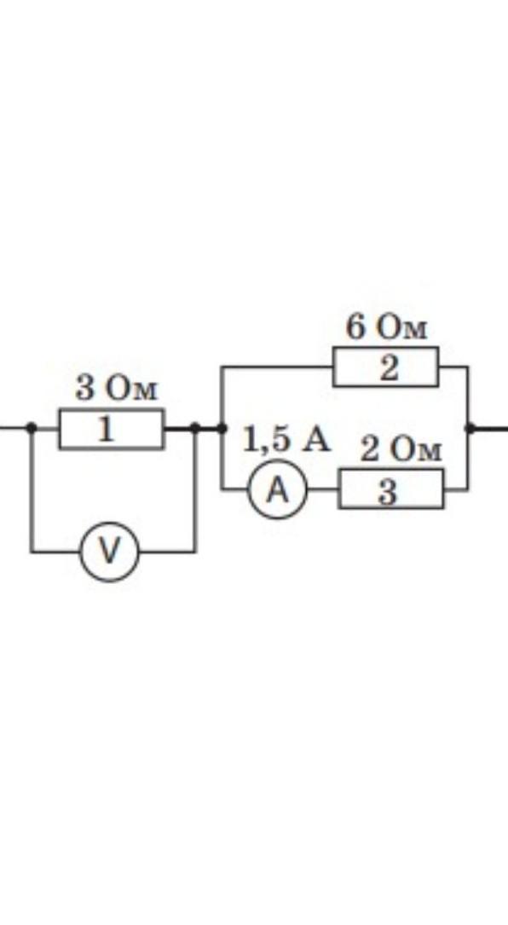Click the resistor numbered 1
click(x=111, y=429)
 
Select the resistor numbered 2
click(x=386, y=367)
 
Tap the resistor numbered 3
click(x=391, y=489)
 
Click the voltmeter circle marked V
click(x=110, y=552)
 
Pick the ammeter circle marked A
click(x=278, y=489)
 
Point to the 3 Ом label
click(x=118, y=389)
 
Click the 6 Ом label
click(x=387, y=327)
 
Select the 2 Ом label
click(x=401, y=451)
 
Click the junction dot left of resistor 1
click(x=32, y=428)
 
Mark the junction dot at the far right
click(x=470, y=428)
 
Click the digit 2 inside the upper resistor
click(x=388, y=368)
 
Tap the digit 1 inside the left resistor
click(x=106, y=430)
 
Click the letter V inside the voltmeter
click(x=110, y=552)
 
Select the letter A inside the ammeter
click(x=278, y=489)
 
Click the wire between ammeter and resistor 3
click(x=323, y=489)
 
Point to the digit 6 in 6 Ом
click(x=355, y=327)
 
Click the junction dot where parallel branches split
click(x=222, y=428)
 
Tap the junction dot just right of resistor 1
click(x=195, y=428)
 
